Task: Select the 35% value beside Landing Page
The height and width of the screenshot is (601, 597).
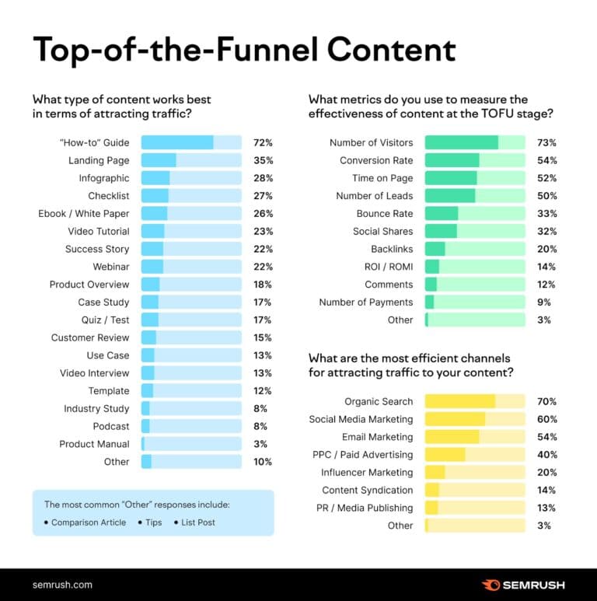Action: pos(263,160)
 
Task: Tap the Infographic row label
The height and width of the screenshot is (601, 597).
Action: pos(104,178)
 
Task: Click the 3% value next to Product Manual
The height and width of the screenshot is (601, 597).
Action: pos(260,444)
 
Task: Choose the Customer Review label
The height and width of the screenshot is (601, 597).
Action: pos(90,337)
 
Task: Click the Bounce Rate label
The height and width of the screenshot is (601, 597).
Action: pos(385,214)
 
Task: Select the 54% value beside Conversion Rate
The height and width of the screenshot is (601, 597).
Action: pos(546,160)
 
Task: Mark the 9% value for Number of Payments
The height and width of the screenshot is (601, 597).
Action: pos(544,302)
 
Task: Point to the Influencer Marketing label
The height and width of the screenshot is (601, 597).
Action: pos(367,472)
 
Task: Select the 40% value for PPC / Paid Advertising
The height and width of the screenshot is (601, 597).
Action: pos(546,454)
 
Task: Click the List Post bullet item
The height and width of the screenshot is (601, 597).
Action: pos(198,522)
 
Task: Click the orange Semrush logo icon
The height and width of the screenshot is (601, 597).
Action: pos(491,585)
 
